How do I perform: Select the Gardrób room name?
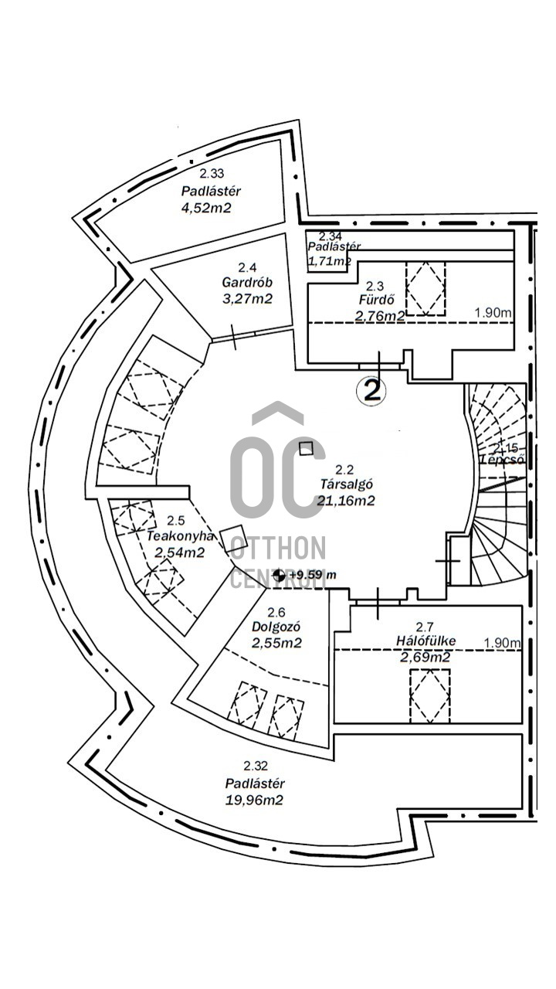tap(246, 282)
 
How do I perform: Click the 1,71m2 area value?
tap(330, 261)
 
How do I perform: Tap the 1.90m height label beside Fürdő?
tap(493, 313)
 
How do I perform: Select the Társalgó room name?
tap(347, 484)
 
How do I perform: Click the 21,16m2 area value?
tap(346, 500)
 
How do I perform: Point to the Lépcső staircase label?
tap(503, 459)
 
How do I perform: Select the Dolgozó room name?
tap(276, 627)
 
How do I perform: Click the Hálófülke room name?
tap(425, 641)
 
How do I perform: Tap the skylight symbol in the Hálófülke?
tap(429, 695)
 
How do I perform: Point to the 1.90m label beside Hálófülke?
tap(502, 642)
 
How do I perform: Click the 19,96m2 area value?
tap(254, 800)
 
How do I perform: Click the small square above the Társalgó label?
tap(307, 448)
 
